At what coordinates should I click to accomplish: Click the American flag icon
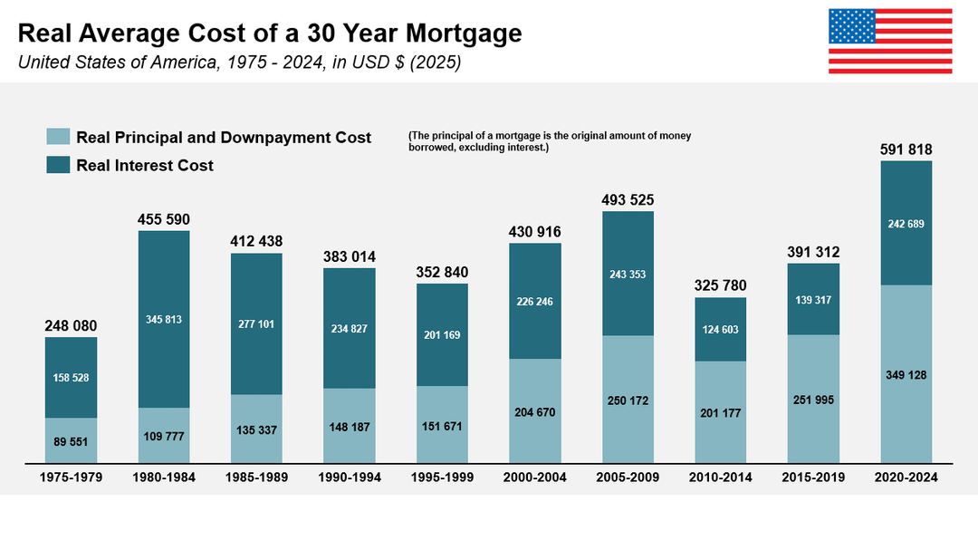(890, 41)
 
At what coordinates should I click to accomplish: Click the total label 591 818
(906, 150)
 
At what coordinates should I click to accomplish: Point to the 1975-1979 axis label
(71, 478)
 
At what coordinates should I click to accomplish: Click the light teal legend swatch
(58, 137)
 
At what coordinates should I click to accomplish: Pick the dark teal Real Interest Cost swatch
(58, 165)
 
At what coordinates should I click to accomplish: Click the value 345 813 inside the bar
(164, 319)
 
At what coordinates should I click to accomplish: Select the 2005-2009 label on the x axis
(628, 478)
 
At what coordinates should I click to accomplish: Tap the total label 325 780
(720, 286)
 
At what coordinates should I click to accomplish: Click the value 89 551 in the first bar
(71, 442)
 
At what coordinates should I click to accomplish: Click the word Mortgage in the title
(464, 34)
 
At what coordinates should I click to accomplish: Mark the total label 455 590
(164, 219)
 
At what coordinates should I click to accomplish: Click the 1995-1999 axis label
(442, 478)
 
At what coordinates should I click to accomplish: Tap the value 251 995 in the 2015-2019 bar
(813, 400)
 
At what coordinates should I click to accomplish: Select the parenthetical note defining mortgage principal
(550, 140)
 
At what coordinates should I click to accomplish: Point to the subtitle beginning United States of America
(240, 63)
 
